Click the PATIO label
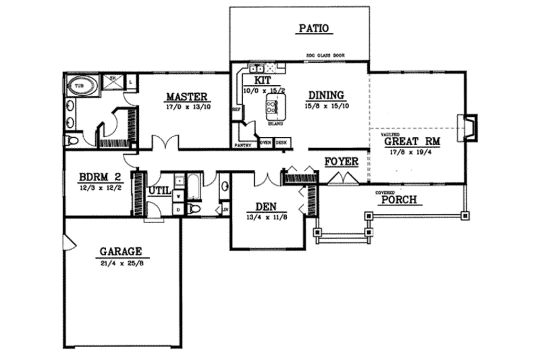[313, 28]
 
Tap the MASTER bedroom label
[186, 96]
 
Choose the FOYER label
[340, 162]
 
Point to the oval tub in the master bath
[81, 86]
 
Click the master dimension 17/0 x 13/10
[186, 106]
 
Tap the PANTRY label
[242, 145]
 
